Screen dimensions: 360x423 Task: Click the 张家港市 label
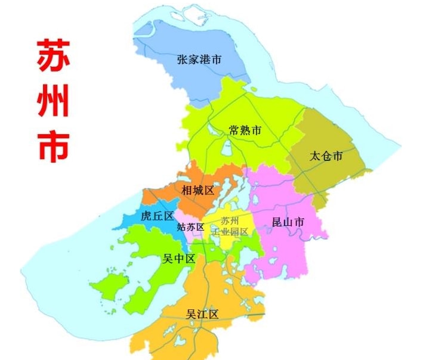[x=199, y=60]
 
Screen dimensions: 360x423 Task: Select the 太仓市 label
[x=326, y=157]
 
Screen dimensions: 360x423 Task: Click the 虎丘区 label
[x=157, y=216]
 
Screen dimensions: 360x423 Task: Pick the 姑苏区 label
[x=191, y=227]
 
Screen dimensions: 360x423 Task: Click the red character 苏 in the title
[x=53, y=57]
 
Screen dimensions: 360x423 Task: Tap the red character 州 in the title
[x=53, y=101]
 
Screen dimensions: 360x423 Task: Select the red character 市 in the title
[x=53, y=144]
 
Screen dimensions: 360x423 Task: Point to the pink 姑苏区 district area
[x=192, y=234]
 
